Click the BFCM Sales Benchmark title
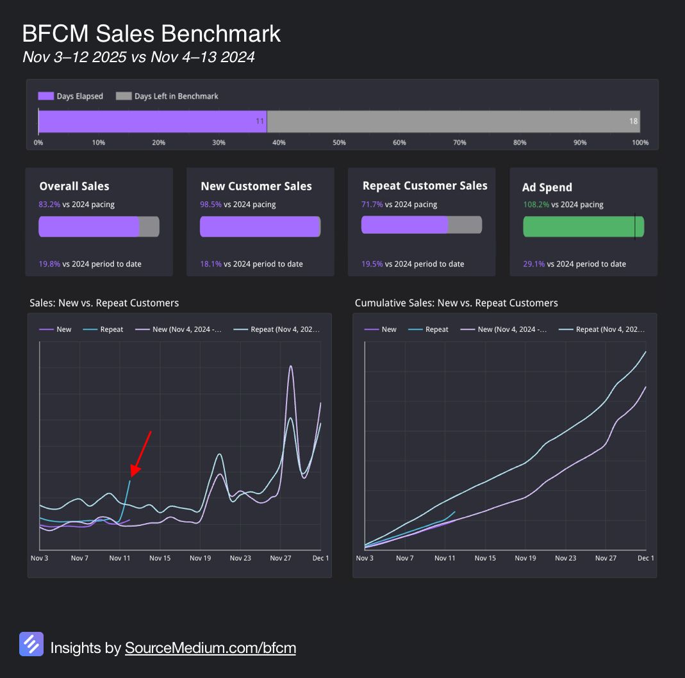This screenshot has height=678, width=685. [x=151, y=33]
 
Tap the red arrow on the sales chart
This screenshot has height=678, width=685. [x=141, y=454]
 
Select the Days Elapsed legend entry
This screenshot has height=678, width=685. [x=71, y=96]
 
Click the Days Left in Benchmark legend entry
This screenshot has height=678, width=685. [x=168, y=96]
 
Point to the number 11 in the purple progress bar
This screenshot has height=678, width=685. [x=260, y=121]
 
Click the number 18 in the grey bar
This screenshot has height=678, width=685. [x=633, y=121]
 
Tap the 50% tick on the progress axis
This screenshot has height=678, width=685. [x=339, y=142]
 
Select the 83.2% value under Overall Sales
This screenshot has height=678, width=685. [x=49, y=204]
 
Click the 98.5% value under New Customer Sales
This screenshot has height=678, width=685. [x=211, y=204]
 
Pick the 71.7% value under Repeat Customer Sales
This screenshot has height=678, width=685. [x=372, y=204]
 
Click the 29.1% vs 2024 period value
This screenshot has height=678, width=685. [x=533, y=264]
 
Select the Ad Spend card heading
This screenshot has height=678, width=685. [x=547, y=187]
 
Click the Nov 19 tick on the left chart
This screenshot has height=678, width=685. [x=200, y=558]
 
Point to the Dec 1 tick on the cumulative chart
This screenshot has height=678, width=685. [x=645, y=558]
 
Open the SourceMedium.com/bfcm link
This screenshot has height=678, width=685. [x=210, y=648]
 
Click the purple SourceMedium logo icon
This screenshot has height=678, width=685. [x=31, y=644]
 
